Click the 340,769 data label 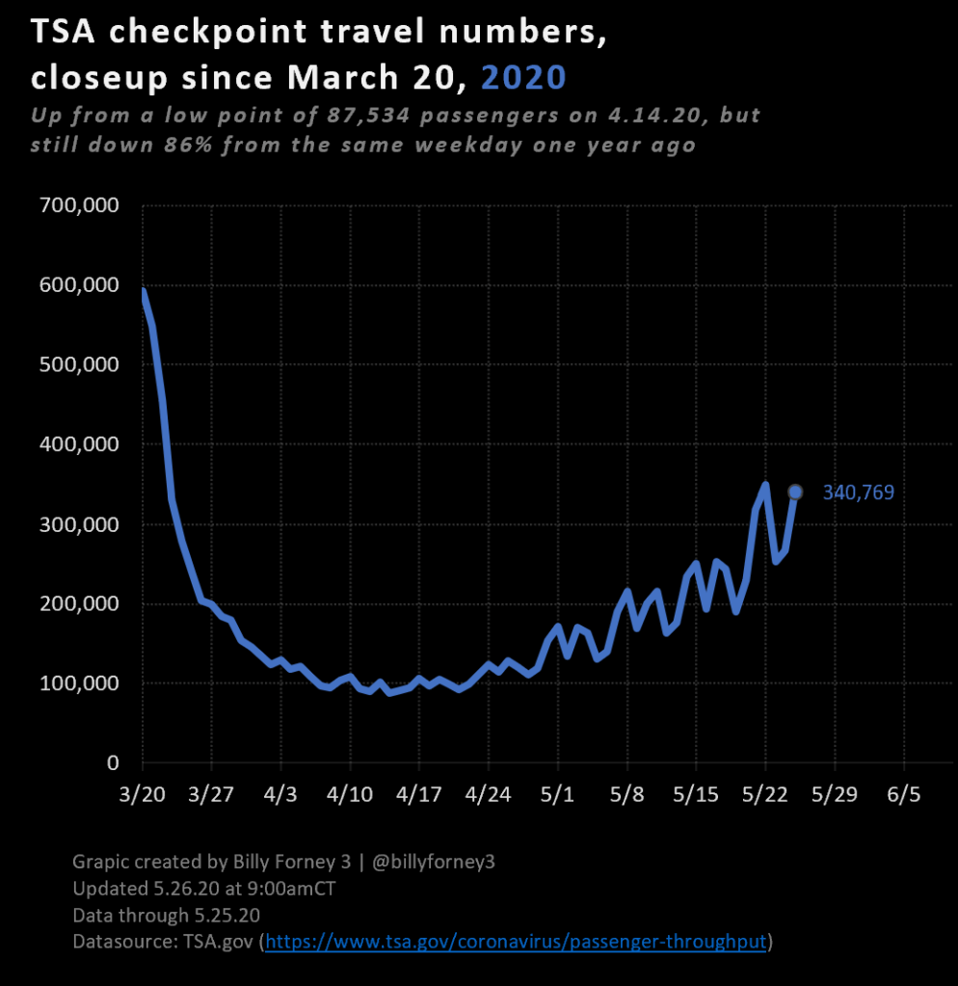[858, 493]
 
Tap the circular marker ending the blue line [795, 493]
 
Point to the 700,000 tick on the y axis [79, 205]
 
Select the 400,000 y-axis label [79, 444]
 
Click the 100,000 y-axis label [79, 683]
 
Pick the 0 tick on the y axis [112, 763]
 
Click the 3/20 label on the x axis [142, 795]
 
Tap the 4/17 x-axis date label [418, 795]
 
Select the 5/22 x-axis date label [765, 795]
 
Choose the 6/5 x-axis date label [904, 795]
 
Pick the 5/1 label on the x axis [557, 795]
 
